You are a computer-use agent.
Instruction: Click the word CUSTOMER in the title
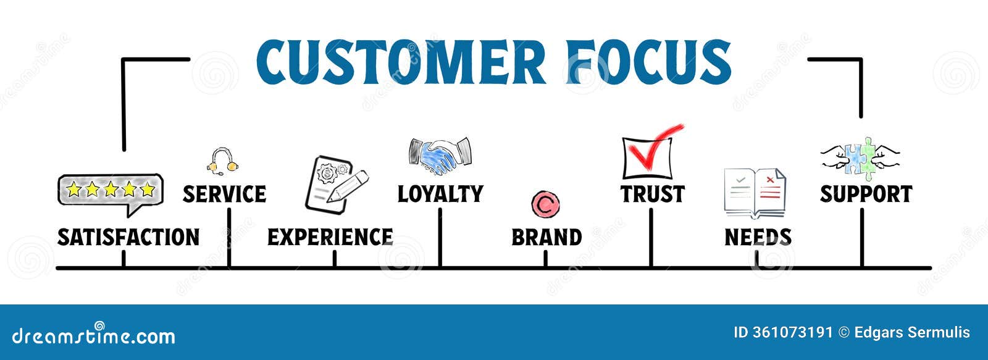tap(400, 62)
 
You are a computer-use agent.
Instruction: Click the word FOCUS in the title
tap(648, 62)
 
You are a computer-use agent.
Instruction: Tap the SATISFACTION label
tap(128, 237)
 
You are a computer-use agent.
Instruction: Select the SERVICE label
tap(224, 194)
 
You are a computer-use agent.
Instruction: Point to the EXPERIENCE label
tap(330, 237)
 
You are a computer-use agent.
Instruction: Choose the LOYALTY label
tap(440, 194)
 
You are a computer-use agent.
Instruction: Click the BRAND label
tap(546, 237)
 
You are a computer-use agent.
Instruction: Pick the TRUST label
tap(653, 194)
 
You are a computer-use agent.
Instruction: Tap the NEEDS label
tap(758, 237)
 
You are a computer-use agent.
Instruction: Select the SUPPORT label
tap(866, 194)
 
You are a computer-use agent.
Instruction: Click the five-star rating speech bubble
tap(111, 191)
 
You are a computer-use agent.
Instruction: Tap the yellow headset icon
tap(222, 161)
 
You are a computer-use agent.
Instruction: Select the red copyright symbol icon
tap(545, 204)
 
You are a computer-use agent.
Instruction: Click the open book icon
tap(755, 193)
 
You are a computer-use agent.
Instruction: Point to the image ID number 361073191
tap(792, 333)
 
